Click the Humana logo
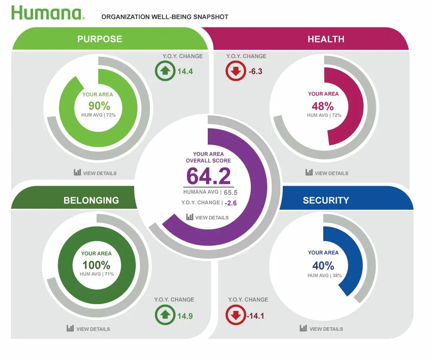(47, 13)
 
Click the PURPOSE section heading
(100, 39)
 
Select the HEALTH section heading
(326, 39)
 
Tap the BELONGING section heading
(91, 200)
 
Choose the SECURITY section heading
(326, 200)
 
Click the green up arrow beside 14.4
(165, 71)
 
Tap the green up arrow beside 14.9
(165, 315)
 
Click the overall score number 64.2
(209, 176)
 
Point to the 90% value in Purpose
(99, 106)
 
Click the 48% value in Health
(323, 106)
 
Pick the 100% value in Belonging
(96, 265)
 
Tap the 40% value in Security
(323, 265)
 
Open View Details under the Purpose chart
(95, 173)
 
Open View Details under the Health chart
(327, 173)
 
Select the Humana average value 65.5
(231, 193)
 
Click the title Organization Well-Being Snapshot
(165, 17)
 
